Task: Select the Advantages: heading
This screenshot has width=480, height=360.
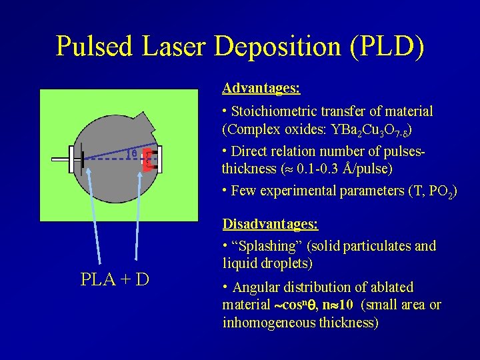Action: [x=261, y=88]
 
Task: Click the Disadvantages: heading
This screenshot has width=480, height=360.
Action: [x=270, y=223]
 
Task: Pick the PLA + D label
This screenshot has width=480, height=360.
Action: [x=115, y=279]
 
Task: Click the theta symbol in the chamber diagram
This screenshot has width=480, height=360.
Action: [x=133, y=154]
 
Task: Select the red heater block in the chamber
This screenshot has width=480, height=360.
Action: [x=148, y=160]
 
